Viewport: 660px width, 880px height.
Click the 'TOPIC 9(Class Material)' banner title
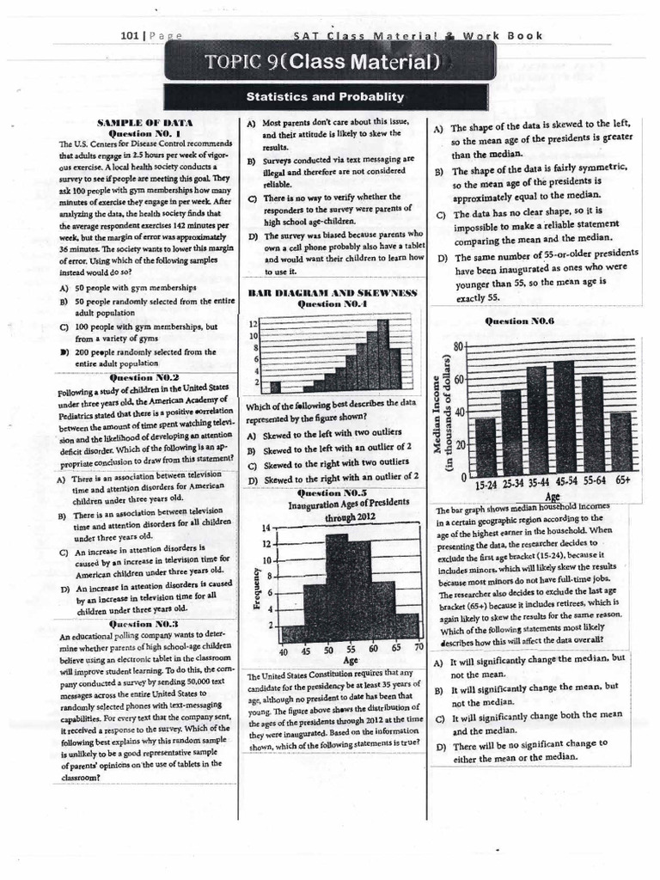tap(329, 62)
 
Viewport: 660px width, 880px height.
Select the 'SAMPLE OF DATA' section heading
tap(144, 124)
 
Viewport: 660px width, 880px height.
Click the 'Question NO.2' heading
tap(144, 377)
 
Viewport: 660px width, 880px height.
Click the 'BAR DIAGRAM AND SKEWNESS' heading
tap(332, 293)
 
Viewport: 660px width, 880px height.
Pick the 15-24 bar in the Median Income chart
tap(486, 447)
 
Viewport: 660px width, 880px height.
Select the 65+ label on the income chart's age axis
tap(623, 483)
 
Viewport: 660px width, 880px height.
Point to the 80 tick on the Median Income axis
tap(458, 345)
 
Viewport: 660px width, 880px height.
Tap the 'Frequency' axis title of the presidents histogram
tap(255, 589)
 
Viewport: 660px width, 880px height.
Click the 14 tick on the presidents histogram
tap(266, 527)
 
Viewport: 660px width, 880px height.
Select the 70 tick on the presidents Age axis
tap(419, 646)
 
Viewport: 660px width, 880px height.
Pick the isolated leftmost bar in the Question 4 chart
tap(275, 386)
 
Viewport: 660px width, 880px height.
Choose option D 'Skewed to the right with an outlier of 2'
tap(333, 475)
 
